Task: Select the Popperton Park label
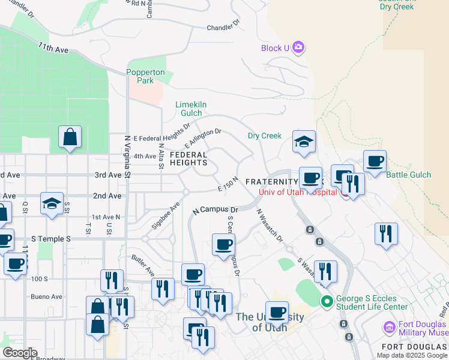point(145,76)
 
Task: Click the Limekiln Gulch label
point(191,109)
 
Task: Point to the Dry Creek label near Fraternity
point(265,136)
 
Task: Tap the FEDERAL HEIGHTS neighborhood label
point(188,158)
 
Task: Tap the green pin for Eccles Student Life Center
point(327,301)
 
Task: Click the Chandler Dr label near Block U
point(223,27)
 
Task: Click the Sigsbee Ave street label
point(166,215)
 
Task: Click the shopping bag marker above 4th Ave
point(70,137)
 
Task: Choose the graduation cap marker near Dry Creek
point(304,142)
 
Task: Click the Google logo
point(20,353)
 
